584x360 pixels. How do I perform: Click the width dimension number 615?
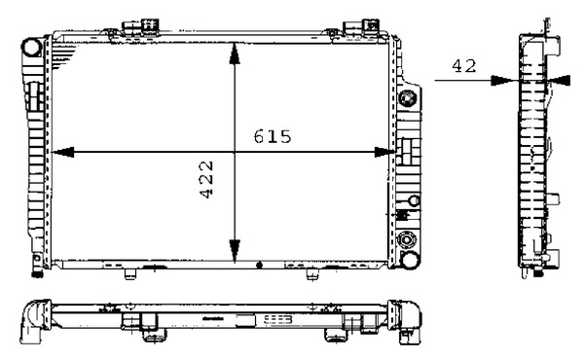pos(273,136)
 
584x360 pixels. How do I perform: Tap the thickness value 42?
pos(462,66)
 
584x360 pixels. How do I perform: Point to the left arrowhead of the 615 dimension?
pos(58,152)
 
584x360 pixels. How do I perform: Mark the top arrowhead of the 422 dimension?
pos(234,51)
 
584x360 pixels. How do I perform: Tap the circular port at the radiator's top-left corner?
pos(31,46)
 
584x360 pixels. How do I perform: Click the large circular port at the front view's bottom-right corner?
pos(408,242)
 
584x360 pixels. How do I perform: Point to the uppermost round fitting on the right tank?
pos(408,98)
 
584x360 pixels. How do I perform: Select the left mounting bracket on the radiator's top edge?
pos(132,26)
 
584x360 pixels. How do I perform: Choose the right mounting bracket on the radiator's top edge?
pos(370,26)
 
